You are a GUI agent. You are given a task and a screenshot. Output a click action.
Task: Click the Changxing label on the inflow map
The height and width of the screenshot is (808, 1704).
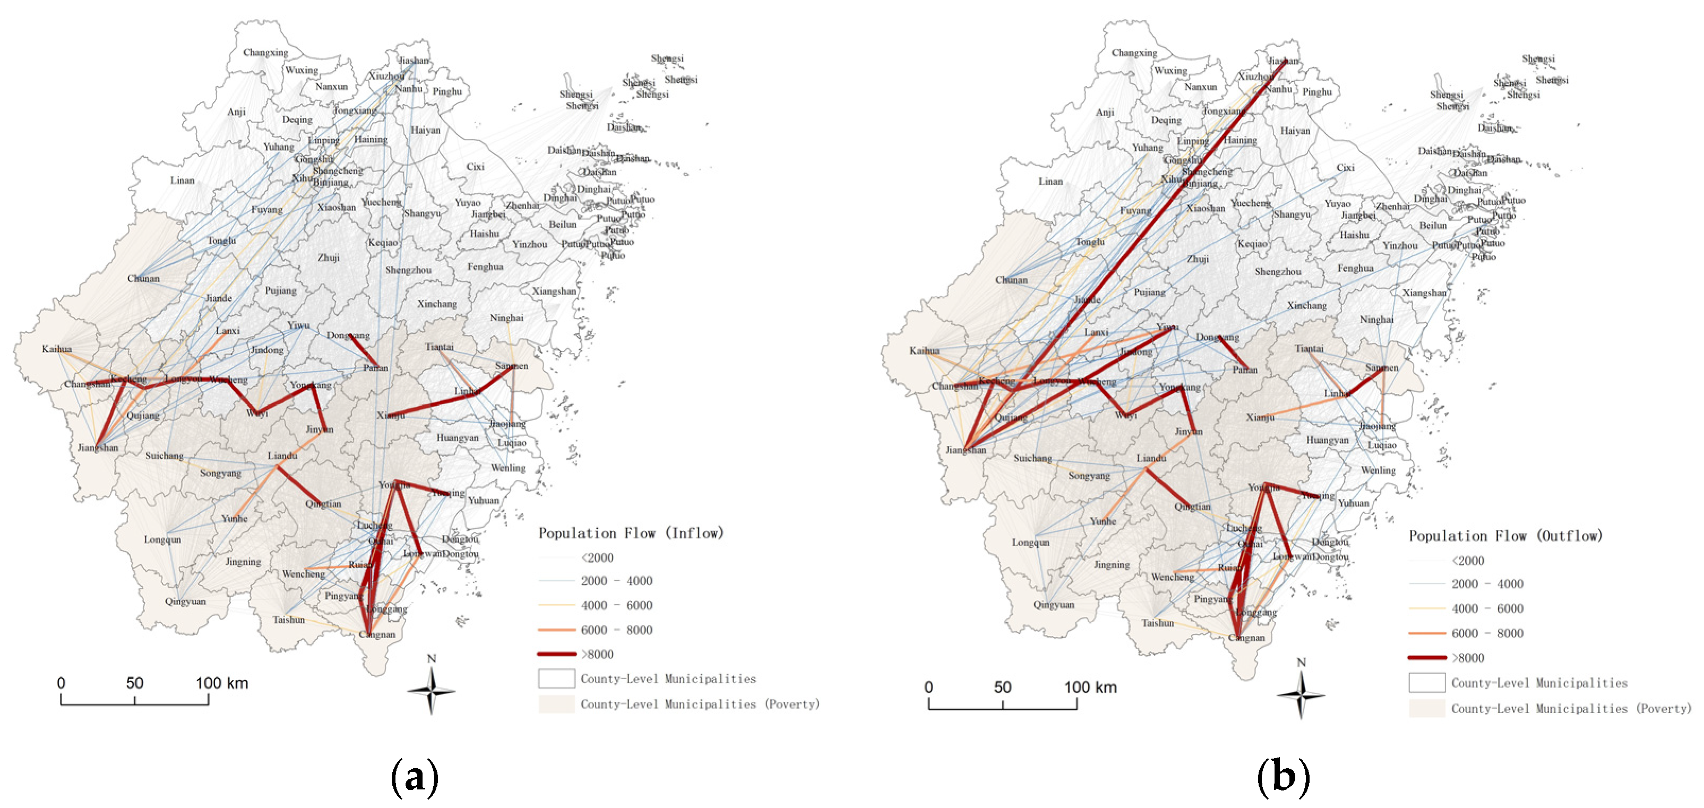pyautogui.click(x=265, y=52)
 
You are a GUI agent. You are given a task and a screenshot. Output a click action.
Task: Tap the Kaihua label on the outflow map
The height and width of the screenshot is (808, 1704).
pyautogui.click(x=924, y=351)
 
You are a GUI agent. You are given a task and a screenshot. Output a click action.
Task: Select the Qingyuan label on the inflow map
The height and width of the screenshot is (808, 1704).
pyautogui.click(x=185, y=601)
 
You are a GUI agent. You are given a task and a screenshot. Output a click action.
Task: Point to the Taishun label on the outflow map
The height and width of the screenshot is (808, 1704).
pyautogui.click(x=1158, y=623)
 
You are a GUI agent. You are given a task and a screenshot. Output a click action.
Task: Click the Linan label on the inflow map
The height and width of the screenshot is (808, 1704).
pyautogui.click(x=183, y=180)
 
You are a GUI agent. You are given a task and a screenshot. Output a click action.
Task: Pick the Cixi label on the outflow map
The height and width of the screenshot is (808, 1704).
pyautogui.click(x=1345, y=167)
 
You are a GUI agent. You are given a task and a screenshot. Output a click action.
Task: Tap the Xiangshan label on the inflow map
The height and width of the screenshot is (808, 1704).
pyautogui.click(x=554, y=291)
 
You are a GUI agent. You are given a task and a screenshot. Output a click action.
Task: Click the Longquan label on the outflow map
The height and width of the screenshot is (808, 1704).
pyautogui.click(x=1030, y=542)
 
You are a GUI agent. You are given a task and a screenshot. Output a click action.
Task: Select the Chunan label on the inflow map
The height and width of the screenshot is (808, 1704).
pyautogui.click(x=143, y=278)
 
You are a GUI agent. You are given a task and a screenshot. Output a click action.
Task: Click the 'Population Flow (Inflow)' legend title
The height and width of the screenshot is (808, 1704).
pyautogui.click(x=631, y=532)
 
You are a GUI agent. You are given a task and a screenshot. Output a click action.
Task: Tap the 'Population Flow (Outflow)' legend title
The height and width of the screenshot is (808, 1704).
pyautogui.click(x=1505, y=535)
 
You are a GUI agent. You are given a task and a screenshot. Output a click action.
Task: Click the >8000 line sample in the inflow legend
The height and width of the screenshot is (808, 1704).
pyautogui.click(x=556, y=654)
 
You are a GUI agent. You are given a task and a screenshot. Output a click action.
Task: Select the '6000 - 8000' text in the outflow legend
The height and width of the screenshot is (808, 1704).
pyautogui.click(x=1487, y=633)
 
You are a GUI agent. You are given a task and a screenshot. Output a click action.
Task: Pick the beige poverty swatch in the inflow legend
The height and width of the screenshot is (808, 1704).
pyautogui.click(x=556, y=703)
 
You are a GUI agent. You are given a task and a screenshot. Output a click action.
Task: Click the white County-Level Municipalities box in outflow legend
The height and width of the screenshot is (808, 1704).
pyautogui.click(x=1426, y=682)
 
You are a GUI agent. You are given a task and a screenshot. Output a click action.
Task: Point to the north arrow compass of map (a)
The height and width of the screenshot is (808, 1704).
pyautogui.click(x=431, y=690)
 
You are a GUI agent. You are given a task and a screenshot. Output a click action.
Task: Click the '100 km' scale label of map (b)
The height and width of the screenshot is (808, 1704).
pyautogui.click(x=1090, y=687)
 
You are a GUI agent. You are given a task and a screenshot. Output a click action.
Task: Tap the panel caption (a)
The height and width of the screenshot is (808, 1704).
pyautogui.click(x=415, y=776)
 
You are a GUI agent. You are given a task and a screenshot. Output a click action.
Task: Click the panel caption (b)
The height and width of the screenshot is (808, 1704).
pyautogui.click(x=1283, y=776)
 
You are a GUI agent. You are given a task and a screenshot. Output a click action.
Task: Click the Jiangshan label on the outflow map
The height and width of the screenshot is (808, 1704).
pyautogui.click(x=965, y=450)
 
